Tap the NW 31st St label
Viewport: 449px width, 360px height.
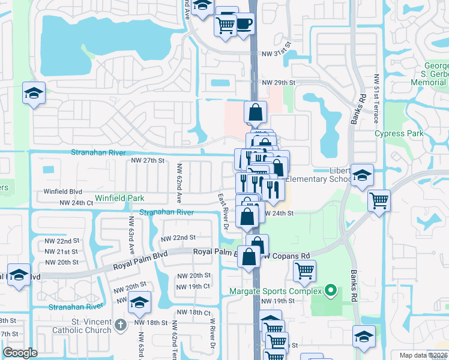coord(276,53)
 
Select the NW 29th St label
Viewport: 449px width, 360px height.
coord(279,82)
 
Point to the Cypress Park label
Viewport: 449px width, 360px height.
coord(399,134)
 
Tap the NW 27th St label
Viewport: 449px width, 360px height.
coord(148,161)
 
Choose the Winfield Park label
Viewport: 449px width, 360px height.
coord(118,197)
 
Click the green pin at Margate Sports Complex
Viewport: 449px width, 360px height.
coord(329,291)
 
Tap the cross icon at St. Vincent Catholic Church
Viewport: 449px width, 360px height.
coord(120,325)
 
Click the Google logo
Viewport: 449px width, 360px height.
coord(20,353)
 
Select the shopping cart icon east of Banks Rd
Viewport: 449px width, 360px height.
coord(379,200)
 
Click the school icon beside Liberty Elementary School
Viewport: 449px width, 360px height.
coord(362,175)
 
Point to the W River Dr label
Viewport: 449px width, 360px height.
coord(212,332)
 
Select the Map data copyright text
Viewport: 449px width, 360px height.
coord(424,355)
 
